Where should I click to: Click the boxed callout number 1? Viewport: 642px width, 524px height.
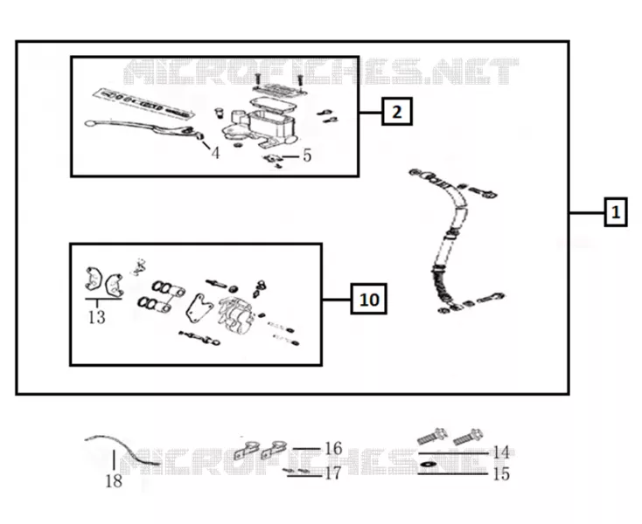616,212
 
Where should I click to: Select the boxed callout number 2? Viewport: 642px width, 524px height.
397,111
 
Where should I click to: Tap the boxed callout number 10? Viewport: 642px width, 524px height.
369,300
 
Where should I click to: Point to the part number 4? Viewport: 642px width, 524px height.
215,153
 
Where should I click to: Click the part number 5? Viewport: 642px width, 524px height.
307,155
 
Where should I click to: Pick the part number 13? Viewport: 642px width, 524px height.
97,317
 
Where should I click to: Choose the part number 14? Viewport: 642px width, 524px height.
501,452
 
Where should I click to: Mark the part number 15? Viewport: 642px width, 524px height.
501,474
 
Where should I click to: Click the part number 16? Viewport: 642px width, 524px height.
333,448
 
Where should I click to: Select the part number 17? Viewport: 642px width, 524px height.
332,473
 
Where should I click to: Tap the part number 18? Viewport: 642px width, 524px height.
114,481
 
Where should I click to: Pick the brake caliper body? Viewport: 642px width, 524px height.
235,314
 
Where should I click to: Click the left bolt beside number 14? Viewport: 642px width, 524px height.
432,437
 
